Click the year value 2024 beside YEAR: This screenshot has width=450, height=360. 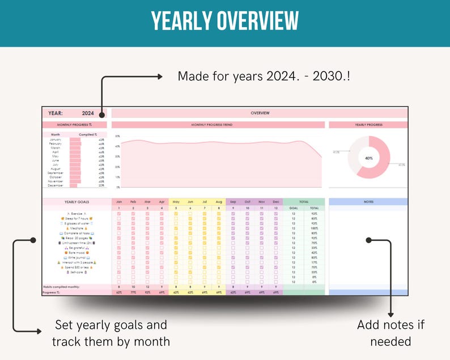tap(87, 113)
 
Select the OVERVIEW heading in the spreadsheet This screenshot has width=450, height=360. tap(260, 113)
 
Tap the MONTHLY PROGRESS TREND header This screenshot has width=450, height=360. tap(218, 125)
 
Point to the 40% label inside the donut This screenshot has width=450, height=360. tap(369, 158)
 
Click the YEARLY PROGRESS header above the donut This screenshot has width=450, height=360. tap(368, 125)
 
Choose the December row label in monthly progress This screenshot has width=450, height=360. tap(55, 185)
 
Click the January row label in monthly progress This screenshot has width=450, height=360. tap(55, 139)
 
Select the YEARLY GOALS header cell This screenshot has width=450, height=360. tap(77, 202)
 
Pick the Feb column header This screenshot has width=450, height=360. tap(133, 202)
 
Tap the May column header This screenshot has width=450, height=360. tap(176, 202)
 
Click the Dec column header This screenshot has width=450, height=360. tap(275, 202)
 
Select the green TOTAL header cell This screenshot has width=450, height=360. tap(303, 202)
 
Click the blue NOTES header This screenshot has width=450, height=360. tap(368, 202)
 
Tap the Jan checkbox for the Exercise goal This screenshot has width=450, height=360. tap(119, 214)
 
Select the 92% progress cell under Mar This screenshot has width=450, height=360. tap(147, 293)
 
